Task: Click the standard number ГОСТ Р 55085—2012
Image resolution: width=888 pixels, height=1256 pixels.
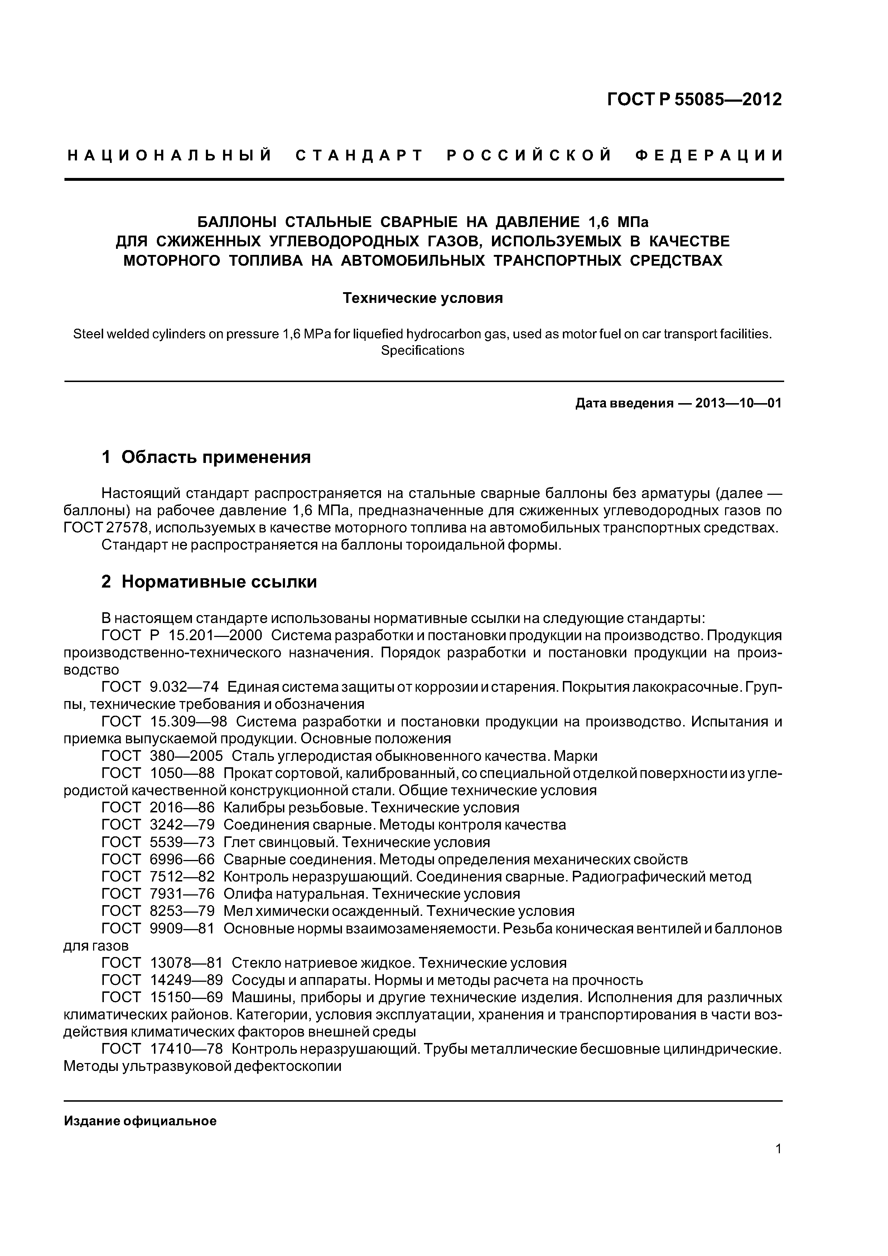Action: pyautogui.click(x=694, y=100)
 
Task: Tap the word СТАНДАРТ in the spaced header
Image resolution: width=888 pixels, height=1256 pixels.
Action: pyautogui.click(x=359, y=156)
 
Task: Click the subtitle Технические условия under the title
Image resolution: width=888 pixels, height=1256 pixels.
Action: pyautogui.click(x=423, y=298)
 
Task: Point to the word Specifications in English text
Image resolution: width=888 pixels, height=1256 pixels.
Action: pyautogui.click(x=423, y=350)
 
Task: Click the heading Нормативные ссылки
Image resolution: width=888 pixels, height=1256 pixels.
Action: pyautogui.click(x=219, y=581)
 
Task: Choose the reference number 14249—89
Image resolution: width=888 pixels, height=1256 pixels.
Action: pyautogui.click(x=186, y=980)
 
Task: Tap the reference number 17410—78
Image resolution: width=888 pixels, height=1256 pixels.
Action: pyautogui.click(x=186, y=1049)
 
